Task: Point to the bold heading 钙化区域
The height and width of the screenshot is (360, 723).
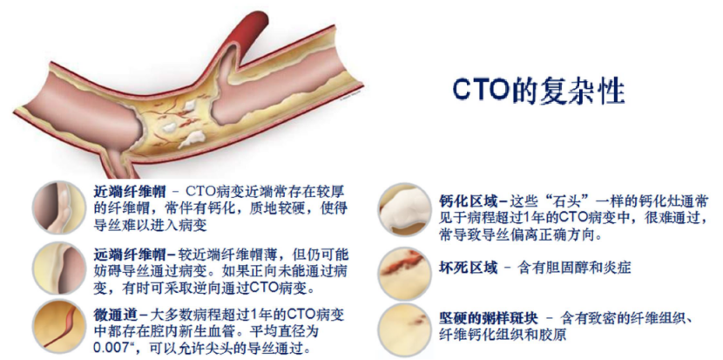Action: [468, 201]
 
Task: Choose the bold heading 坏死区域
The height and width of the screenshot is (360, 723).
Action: [468, 268]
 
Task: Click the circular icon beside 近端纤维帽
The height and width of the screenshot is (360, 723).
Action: [59, 207]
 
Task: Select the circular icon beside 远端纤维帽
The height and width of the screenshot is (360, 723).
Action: [59, 268]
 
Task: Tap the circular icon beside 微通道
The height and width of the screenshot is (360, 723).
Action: [59, 329]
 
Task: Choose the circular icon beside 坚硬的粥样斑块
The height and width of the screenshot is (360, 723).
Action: [404, 329]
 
